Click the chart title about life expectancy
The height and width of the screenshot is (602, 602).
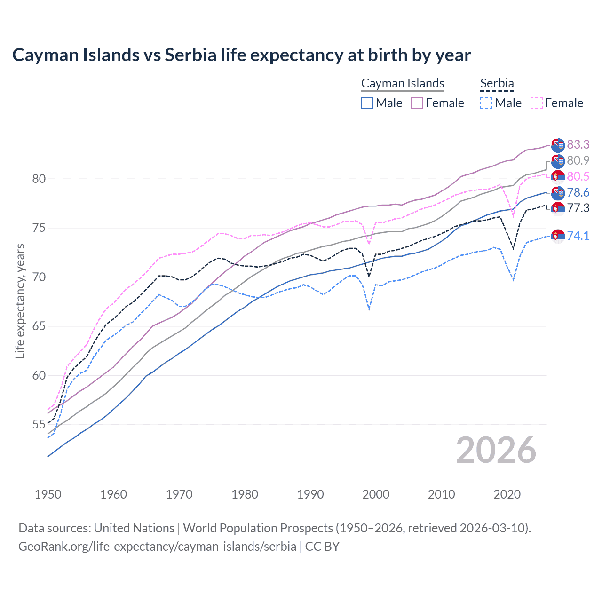click(241, 55)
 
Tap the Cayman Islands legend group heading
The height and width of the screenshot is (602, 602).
click(403, 83)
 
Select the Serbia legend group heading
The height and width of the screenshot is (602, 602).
click(497, 83)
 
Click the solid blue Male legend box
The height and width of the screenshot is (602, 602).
click(367, 103)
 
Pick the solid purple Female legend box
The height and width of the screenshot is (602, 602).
click(417, 103)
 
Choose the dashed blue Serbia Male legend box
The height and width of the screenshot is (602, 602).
click(486, 103)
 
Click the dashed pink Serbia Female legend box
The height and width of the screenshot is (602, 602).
click(537, 103)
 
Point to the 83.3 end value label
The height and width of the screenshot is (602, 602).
click(578, 144)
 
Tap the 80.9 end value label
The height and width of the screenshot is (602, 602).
click(578, 160)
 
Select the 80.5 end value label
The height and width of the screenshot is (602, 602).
click(578, 176)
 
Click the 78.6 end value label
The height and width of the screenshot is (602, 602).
click(578, 192)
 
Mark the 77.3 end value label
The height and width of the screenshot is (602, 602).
click(578, 208)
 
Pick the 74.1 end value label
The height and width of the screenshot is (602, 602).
click(578, 235)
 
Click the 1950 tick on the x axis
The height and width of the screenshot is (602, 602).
click(48, 494)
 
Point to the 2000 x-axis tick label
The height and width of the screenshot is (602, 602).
click(376, 494)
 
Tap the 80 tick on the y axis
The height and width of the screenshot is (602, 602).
click(39, 179)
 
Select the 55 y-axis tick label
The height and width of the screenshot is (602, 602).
click(39, 425)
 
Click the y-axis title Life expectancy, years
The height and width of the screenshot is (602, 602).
click(20, 301)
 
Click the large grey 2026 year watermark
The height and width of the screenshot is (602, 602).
click(496, 450)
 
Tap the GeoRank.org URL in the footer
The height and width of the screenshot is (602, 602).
click(157, 547)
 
